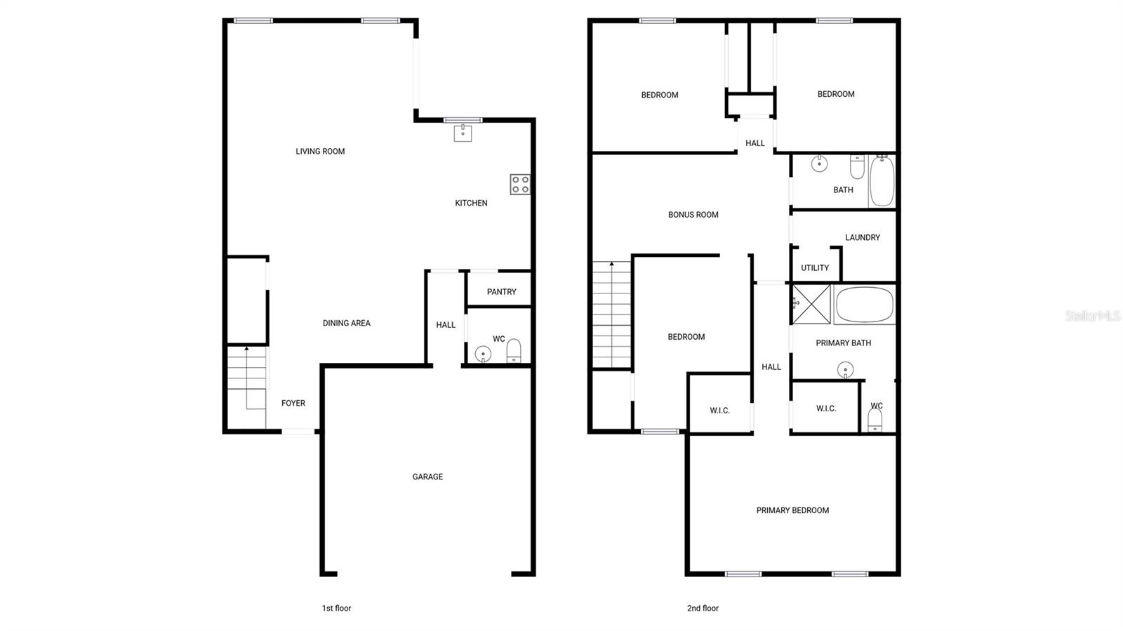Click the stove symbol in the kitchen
click(520, 185)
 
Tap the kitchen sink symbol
click(463, 132)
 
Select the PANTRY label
click(501, 292)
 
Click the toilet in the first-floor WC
click(514, 350)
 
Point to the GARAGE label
click(427, 477)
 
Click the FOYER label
click(293, 404)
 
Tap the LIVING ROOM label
click(320, 152)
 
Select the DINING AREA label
click(346, 324)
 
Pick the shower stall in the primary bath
click(811, 304)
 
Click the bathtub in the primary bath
click(864, 305)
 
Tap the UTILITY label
click(814, 268)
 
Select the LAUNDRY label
click(862, 238)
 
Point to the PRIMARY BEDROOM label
click(792, 511)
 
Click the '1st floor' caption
click(336, 609)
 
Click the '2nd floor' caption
click(703, 609)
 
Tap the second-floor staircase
click(611, 314)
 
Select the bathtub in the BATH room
click(882, 181)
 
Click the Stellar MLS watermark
click(1092, 317)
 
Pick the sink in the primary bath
click(845, 369)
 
